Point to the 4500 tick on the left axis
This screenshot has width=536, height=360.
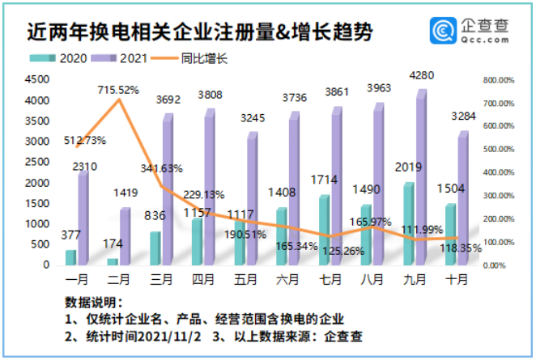tap(36, 79)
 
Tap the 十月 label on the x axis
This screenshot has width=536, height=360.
tap(457, 278)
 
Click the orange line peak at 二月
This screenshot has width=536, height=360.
tap(119, 100)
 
